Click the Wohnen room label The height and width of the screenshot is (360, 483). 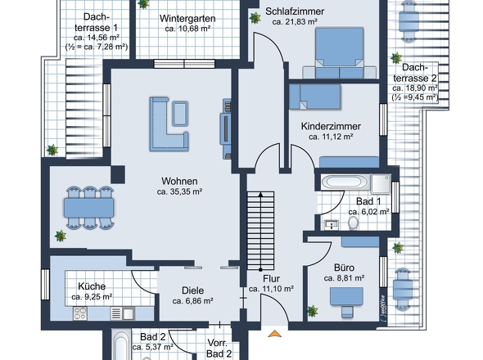pos(179,181)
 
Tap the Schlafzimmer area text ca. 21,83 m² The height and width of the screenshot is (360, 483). pos(295,22)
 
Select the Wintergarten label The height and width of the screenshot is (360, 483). pos(187,19)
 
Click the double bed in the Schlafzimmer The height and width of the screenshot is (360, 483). pos(339,53)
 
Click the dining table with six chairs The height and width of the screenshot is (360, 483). pos(88,208)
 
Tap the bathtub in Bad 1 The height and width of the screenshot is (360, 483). pos(345,182)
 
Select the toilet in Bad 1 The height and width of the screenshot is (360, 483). pos(354,223)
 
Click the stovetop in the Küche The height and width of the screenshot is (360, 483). pos(80,313)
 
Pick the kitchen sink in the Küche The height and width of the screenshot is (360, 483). pos(129,314)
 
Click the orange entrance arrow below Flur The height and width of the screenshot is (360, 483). pos(275,334)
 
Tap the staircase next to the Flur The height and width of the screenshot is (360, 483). pos(260,231)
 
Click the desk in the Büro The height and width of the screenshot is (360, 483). pos(346,296)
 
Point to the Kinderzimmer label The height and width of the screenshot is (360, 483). pos(331,126)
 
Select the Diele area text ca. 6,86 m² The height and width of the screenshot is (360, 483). pos(193,301)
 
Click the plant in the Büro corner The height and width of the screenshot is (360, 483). pos(313,311)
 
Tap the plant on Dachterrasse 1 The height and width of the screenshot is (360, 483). pos(52,150)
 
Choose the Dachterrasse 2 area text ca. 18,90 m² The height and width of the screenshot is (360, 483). pos(415,88)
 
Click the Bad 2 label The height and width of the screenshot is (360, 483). pos(153,337)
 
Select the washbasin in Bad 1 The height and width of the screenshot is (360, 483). pos(331,224)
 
